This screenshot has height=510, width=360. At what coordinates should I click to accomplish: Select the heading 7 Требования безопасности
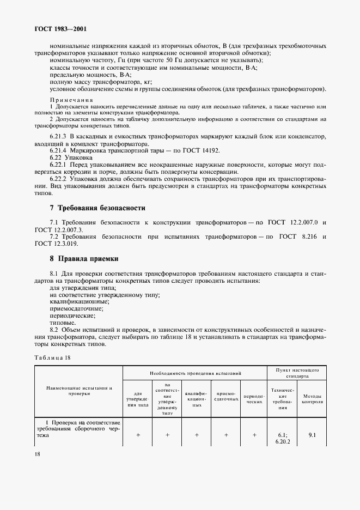pyautogui.click(x=97, y=208)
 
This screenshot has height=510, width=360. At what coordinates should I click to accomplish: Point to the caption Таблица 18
pyautogui.click(x=52, y=357)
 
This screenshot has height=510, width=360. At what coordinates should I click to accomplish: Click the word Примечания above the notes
pyautogui.click(x=72, y=100)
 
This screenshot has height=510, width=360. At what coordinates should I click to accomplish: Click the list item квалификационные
pyautogui.click(x=80, y=301)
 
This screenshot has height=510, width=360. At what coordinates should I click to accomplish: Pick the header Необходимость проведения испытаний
pyautogui.click(x=196, y=373)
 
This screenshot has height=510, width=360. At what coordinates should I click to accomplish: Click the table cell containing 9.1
pyautogui.click(x=312, y=435)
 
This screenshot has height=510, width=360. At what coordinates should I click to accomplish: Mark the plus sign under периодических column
pyautogui.click(x=254, y=435)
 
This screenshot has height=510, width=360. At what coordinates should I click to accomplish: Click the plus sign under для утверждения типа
pyautogui.click(x=138, y=435)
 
